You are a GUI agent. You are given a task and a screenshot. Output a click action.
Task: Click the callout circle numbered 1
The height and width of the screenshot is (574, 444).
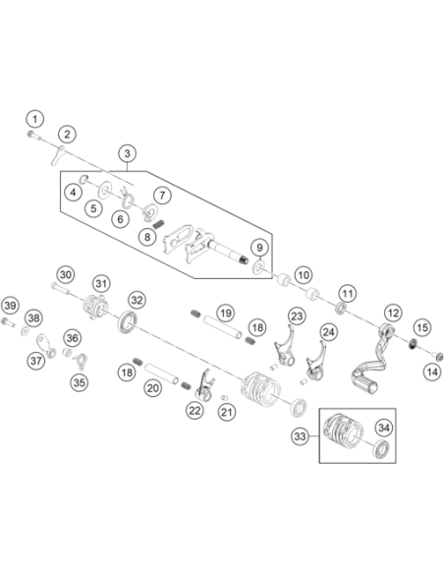click(x=35, y=119)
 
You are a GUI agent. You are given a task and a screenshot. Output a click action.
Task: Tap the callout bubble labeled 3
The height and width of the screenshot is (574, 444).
click(x=128, y=153)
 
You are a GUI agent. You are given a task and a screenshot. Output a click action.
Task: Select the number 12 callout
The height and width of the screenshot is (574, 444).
click(x=393, y=314)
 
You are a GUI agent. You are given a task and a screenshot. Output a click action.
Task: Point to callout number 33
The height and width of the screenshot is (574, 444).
click(x=300, y=436)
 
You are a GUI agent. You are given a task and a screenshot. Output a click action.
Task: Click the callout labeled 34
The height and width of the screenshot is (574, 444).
click(x=384, y=428)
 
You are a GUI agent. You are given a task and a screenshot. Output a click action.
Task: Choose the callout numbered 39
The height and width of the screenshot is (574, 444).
click(x=10, y=306)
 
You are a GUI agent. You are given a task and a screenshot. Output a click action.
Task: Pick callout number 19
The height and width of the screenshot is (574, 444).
click(x=226, y=314)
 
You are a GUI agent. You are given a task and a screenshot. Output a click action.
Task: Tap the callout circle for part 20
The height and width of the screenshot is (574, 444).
click(x=152, y=388)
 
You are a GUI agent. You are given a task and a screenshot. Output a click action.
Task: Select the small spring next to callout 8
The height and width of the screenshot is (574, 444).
click(x=158, y=224)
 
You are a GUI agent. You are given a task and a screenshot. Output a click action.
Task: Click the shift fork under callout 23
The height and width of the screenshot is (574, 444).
click(x=285, y=347)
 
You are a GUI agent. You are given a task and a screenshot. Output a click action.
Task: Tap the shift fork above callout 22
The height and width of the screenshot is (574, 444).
click(x=205, y=385)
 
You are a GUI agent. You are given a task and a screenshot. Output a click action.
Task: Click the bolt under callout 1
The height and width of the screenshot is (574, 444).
click(x=34, y=136)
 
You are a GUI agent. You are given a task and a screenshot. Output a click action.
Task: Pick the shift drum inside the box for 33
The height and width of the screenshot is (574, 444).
click(x=343, y=430)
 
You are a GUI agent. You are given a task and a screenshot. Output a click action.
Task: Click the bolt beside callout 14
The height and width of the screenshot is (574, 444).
click(x=438, y=355)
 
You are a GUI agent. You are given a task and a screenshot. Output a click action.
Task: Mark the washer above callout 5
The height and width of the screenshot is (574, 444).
click(x=105, y=190)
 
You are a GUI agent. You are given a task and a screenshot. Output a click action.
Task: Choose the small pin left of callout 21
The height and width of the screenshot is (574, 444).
click(x=224, y=398)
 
